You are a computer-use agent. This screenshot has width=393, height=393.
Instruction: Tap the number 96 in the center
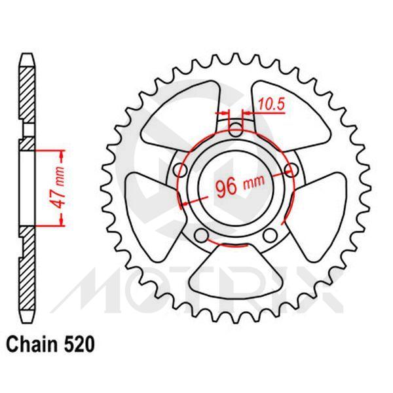click(225, 187)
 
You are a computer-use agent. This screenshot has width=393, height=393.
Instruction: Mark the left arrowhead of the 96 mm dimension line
click(185, 202)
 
